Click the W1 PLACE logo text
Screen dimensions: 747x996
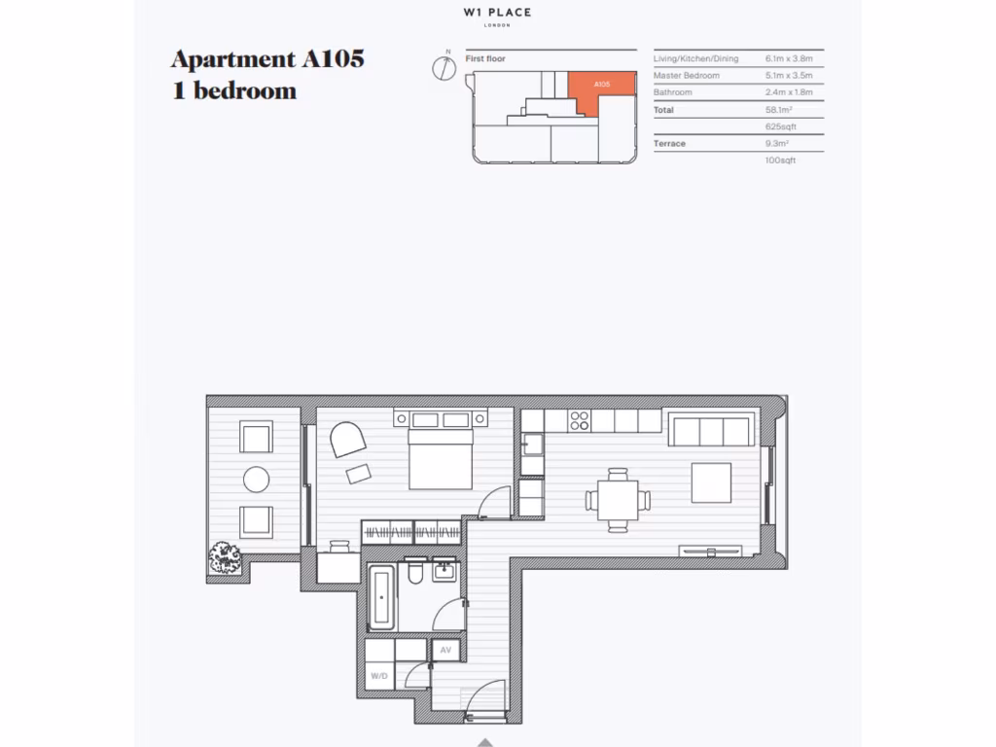tap(497, 14)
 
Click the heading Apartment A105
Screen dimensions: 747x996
tap(267, 58)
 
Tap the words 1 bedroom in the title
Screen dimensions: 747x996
tap(233, 91)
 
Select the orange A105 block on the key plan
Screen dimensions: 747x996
tap(600, 86)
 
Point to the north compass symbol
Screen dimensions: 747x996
tap(445, 66)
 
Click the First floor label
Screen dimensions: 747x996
tap(485, 59)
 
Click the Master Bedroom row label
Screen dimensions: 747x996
tap(687, 76)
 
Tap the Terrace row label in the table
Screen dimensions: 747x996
tap(669, 144)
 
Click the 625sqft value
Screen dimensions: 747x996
tap(781, 126)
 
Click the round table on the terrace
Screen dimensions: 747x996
tap(256, 479)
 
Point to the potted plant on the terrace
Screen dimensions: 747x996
tap(226, 558)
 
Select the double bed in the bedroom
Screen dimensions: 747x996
tap(441, 453)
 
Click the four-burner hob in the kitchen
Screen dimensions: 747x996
tap(580, 420)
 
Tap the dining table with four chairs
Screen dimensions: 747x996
tap(618, 500)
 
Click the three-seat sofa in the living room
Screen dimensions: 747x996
tap(710, 429)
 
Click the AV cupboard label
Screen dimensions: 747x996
tap(445, 649)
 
